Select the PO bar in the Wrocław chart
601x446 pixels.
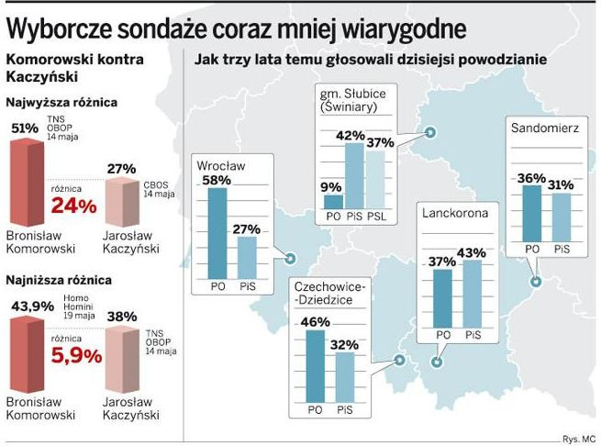click(x=217, y=233)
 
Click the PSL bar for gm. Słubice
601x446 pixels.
click(x=377, y=181)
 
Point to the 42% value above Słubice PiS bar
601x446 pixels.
click(x=353, y=136)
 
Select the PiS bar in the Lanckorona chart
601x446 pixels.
click(x=472, y=293)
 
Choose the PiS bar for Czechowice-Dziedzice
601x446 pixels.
click(x=345, y=377)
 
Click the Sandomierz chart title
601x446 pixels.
click(x=545, y=128)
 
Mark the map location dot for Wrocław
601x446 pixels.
click(x=290, y=259)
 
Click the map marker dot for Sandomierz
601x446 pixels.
click(x=534, y=283)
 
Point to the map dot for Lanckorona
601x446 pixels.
click(x=437, y=362)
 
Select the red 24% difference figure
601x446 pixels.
click(x=75, y=206)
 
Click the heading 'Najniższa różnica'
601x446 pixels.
click(x=61, y=278)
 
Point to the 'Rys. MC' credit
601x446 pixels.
click(x=578, y=439)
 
